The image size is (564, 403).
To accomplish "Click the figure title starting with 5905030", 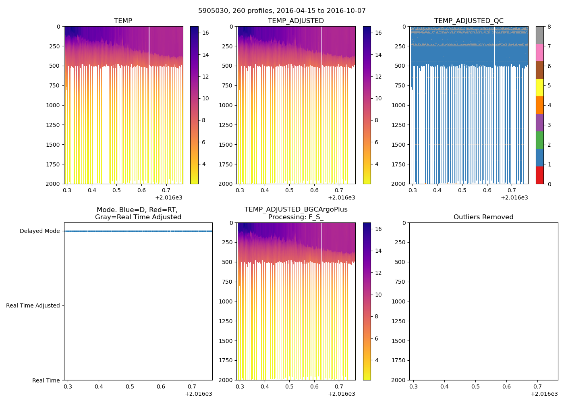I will (282, 11).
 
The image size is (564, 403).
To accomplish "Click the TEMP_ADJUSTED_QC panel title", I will (469, 21).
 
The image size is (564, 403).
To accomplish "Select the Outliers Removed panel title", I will (483, 217).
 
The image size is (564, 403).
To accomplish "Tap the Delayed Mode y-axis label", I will (39, 231).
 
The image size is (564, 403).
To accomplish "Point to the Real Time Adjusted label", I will (33, 305).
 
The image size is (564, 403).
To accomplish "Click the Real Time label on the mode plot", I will (46, 380).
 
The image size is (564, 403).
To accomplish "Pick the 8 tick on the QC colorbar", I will (549, 27).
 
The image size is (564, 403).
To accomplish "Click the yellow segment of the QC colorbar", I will (539, 87).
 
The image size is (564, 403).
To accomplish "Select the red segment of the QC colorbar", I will (539, 175).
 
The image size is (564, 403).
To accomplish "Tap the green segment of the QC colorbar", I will (539, 140).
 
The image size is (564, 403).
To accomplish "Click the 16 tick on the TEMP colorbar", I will (205, 33).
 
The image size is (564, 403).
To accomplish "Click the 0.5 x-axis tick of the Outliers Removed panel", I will (475, 386).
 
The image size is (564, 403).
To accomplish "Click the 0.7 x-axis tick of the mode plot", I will (192, 386).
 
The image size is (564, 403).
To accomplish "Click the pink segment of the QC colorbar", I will (539, 52).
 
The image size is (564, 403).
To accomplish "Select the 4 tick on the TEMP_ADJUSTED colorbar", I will (377, 164).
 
